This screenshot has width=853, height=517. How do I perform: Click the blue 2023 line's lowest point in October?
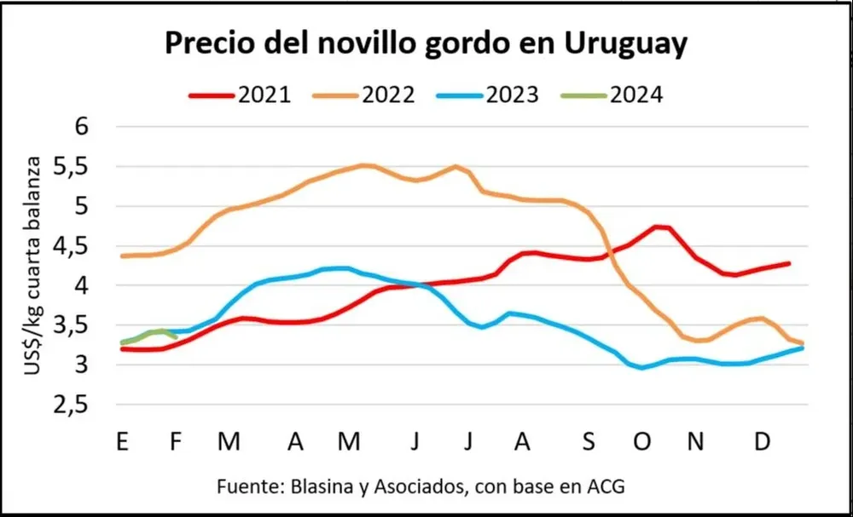(642, 368)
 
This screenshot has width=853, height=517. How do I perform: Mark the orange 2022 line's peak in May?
(365, 165)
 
